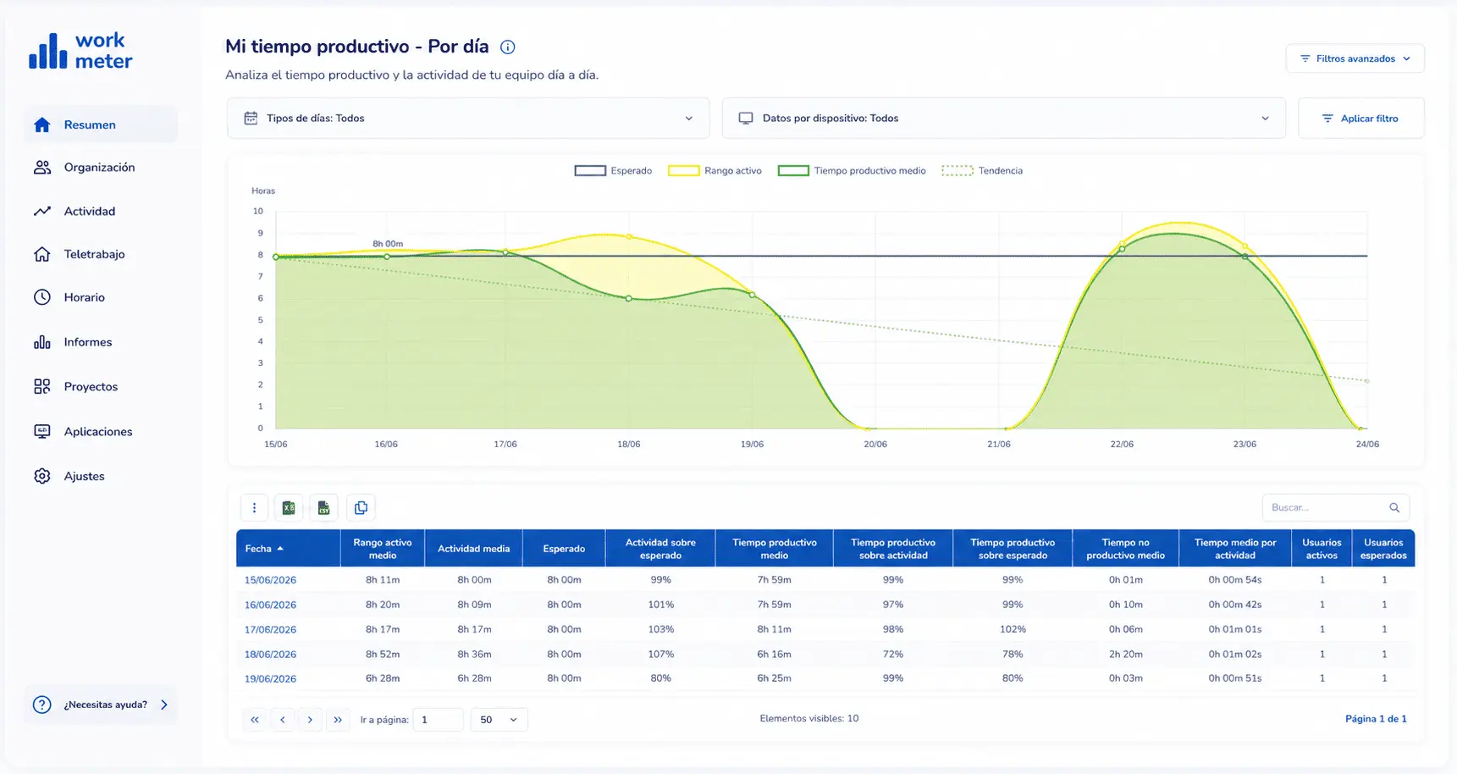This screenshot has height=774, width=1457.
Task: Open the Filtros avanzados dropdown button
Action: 1355,58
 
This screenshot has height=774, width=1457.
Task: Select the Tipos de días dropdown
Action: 468,119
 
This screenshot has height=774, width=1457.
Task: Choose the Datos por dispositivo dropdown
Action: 1003,119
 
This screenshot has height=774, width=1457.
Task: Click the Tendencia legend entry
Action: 982,171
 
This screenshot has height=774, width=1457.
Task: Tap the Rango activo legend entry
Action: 715,171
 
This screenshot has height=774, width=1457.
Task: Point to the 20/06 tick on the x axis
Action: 875,444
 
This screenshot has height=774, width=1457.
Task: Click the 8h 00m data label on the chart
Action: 388,244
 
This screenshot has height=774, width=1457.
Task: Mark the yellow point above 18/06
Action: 629,236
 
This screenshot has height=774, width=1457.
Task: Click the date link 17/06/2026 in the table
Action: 270,629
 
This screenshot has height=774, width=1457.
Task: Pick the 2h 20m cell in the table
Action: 1125,654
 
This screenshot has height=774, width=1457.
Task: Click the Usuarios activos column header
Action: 1322,549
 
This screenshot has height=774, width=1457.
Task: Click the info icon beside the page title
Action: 508,47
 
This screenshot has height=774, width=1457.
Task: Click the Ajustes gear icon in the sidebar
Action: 42,476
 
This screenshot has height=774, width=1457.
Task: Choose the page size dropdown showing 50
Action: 499,720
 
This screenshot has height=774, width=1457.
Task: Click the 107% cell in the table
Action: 660,654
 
